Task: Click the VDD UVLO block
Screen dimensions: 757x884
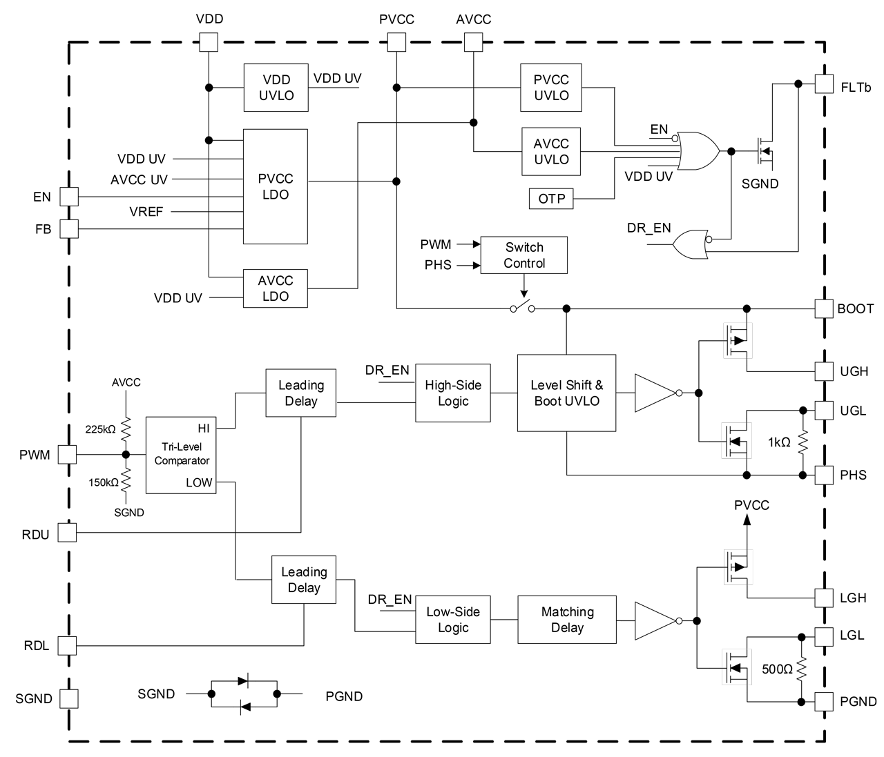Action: [x=276, y=88]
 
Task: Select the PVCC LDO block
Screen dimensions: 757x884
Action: [x=275, y=186]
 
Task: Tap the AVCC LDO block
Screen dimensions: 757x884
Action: [x=275, y=288]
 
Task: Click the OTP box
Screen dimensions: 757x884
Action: [x=551, y=199]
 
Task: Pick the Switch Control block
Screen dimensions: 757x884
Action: [x=523, y=255]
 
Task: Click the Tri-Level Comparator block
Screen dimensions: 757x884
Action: [x=182, y=454]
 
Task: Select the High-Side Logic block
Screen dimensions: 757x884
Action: [x=452, y=393]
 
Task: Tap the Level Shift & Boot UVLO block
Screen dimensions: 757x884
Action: [x=566, y=393]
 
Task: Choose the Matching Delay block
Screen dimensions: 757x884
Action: [x=566, y=620]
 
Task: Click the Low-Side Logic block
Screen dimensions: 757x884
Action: [x=452, y=620]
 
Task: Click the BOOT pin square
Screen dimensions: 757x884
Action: [x=824, y=308]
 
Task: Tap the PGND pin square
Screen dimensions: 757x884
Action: [x=824, y=702]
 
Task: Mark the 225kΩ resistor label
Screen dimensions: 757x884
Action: [x=101, y=429]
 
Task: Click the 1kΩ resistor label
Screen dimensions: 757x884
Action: [x=779, y=442]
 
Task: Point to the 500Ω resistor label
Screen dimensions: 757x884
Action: [x=777, y=669]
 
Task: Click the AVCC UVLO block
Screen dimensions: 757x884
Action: [x=551, y=151]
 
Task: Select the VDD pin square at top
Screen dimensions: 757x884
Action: [x=209, y=43]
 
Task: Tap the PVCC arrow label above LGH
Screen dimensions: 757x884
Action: [x=751, y=505]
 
